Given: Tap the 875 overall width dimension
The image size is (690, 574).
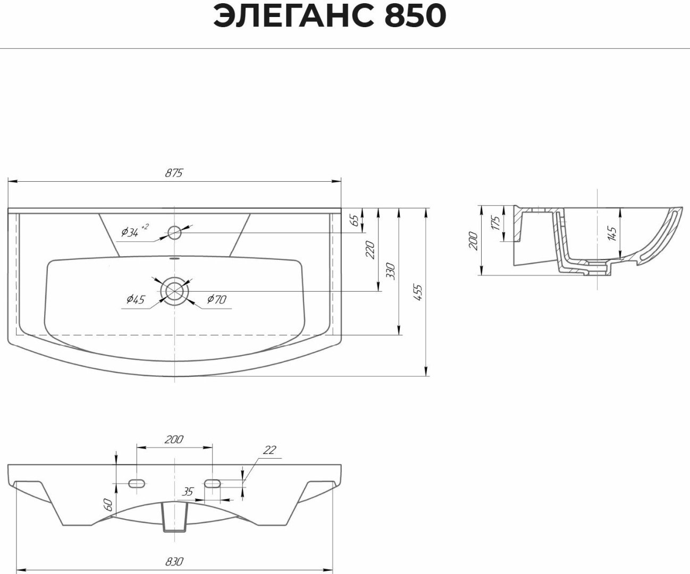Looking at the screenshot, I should (x=174, y=173).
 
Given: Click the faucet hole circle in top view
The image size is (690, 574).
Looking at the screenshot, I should (x=174, y=232).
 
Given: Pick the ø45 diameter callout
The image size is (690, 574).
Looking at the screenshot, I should (x=136, y=300).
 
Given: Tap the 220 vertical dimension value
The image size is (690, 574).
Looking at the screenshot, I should (x=371, y=249).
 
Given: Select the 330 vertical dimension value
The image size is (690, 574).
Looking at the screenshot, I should (x=391, y=271).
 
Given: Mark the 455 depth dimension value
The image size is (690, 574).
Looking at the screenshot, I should (x=418, y=293).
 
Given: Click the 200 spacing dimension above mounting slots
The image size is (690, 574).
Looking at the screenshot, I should (x=174, y=440).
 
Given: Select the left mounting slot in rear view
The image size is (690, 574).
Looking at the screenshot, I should (x=137, y=483).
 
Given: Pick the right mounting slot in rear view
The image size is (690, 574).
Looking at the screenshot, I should (x=213, y=483).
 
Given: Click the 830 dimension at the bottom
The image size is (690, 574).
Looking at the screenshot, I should (x=174, y=561).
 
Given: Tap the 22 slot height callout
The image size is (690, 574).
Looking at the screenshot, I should (x=270, y=450).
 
